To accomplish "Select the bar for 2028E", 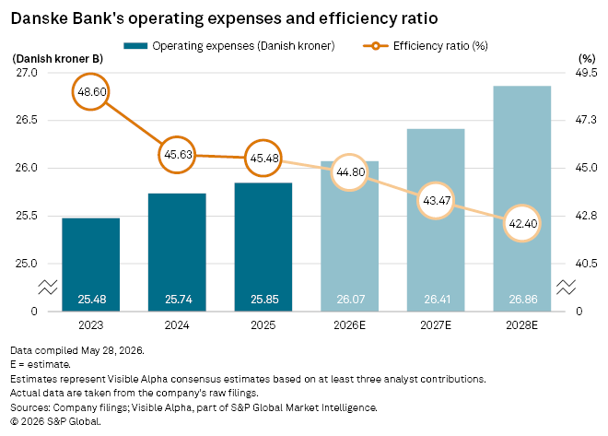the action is (522, 198).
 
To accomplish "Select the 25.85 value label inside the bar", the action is (264, 299).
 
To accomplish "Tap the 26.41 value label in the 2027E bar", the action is (437, 299).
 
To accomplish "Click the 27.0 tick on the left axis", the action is (27, 73).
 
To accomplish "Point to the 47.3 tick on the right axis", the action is (586, 120).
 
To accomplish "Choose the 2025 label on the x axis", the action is (263, 325).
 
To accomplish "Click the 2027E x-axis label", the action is (436, 325).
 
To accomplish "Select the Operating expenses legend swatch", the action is (135, 46).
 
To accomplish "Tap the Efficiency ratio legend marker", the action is (375, 46).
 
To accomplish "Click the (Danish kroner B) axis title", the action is (58, 59).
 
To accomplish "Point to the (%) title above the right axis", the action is (587, 59).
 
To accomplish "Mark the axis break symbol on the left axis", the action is (48, 287).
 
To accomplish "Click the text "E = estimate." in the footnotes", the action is (41, 365).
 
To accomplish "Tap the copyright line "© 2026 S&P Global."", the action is (55, 421).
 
